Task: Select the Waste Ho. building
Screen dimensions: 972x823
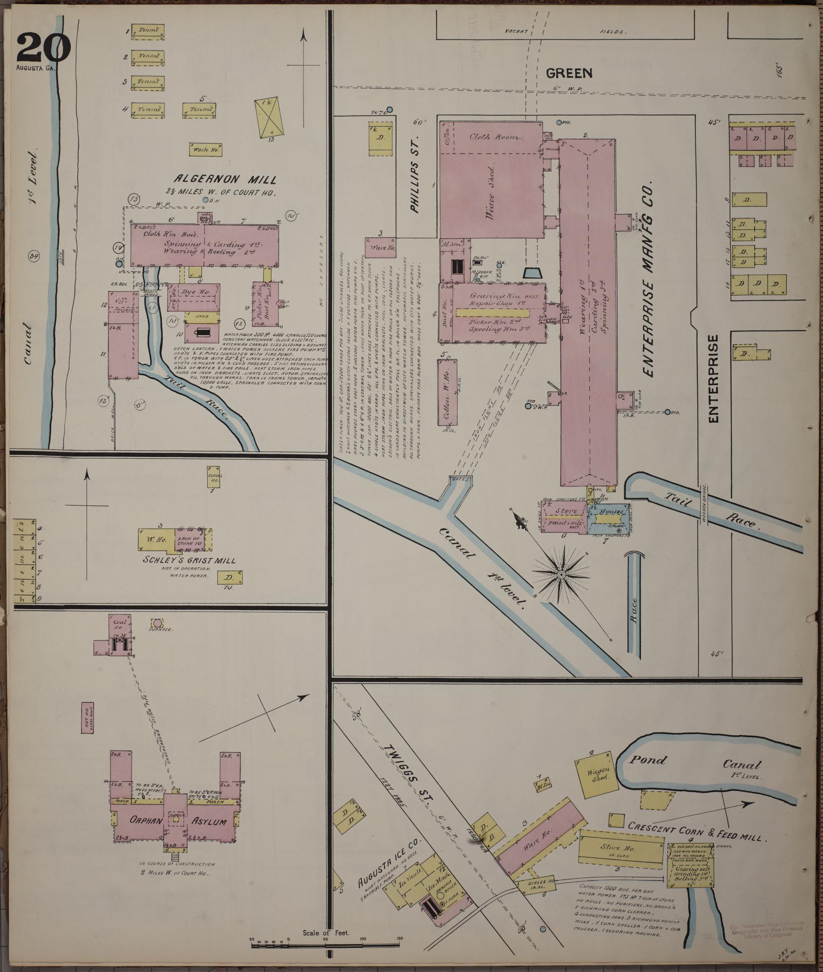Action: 205,149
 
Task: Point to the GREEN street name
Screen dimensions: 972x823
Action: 569,73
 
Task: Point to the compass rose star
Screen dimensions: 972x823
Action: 561,574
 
